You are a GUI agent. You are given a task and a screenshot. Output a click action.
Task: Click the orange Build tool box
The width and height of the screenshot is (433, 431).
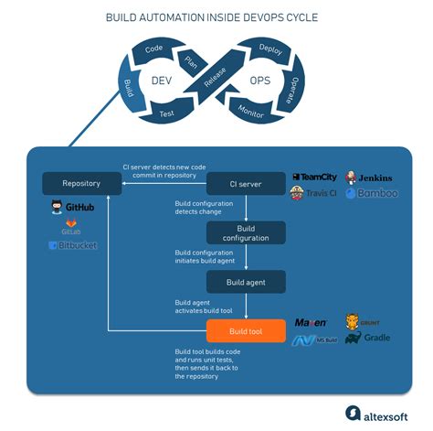coord(245,330)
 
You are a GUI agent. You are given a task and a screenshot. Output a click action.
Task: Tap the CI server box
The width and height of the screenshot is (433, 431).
coord(245,183)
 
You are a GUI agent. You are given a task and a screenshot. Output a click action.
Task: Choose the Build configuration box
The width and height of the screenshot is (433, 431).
coord(245,232)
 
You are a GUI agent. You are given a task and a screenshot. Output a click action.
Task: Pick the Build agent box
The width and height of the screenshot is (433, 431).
coord(245,282)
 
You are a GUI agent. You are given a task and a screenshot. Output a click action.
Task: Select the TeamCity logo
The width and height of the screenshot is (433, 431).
coord(315,177)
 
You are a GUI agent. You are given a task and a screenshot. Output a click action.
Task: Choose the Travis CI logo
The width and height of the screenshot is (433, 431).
coord(315,193)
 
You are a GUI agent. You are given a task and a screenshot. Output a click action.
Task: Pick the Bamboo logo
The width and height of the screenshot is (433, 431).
coord(373,193)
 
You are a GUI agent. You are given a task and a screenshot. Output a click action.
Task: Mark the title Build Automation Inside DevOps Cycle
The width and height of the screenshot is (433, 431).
coord(216,16)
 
